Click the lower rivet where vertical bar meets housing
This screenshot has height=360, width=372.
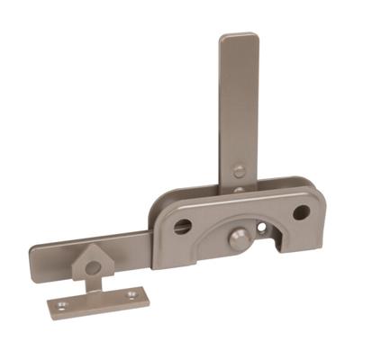238,190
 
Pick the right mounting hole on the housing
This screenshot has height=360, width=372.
302,213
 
